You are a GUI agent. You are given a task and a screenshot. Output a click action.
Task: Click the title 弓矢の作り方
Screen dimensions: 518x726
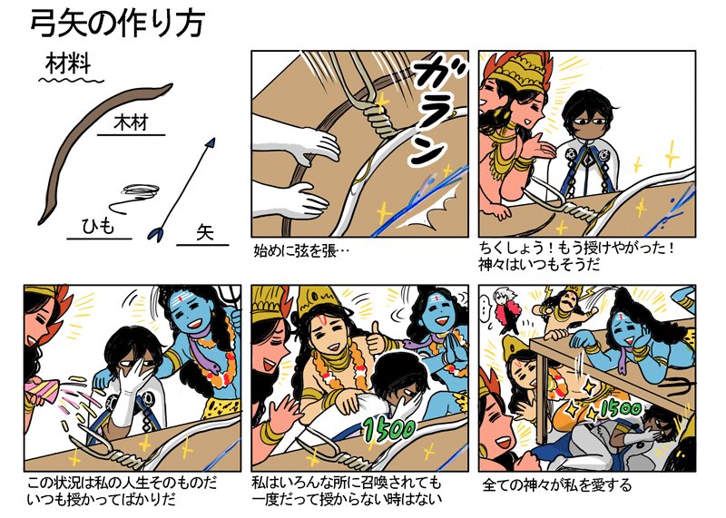point(116,24)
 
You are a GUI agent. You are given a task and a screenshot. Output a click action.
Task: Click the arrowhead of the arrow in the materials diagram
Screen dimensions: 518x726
point(212,142)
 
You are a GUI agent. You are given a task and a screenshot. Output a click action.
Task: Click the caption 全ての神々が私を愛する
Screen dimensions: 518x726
point(557,484)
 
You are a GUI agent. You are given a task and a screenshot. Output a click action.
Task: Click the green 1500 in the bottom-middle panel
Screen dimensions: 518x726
point(388,427)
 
